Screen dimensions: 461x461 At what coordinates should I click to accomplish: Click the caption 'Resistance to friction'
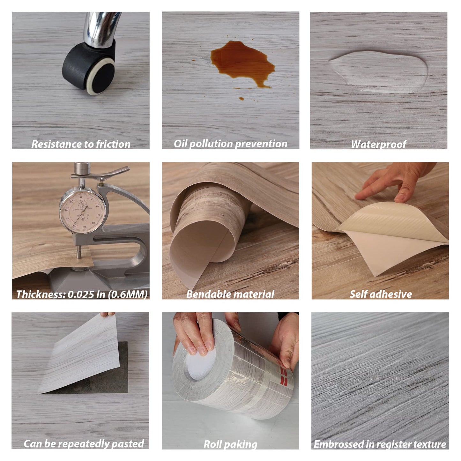tap(81, 144)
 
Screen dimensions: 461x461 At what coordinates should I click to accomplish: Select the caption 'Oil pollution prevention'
tap(230, 144)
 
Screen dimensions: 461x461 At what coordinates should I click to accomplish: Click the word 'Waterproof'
tap(378, 145)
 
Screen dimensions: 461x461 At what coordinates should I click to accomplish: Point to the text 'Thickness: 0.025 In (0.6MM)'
tap(82, 294)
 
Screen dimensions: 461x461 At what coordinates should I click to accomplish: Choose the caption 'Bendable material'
tap(230, 294)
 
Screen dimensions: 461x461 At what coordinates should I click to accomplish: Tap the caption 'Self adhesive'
tap(380, 294)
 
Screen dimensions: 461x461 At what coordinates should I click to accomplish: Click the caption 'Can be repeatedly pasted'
tap(84, 444)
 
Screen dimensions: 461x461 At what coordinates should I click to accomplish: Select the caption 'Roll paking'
tap(230, 444)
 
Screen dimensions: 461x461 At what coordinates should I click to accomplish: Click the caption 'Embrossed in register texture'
tap(380, 444)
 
